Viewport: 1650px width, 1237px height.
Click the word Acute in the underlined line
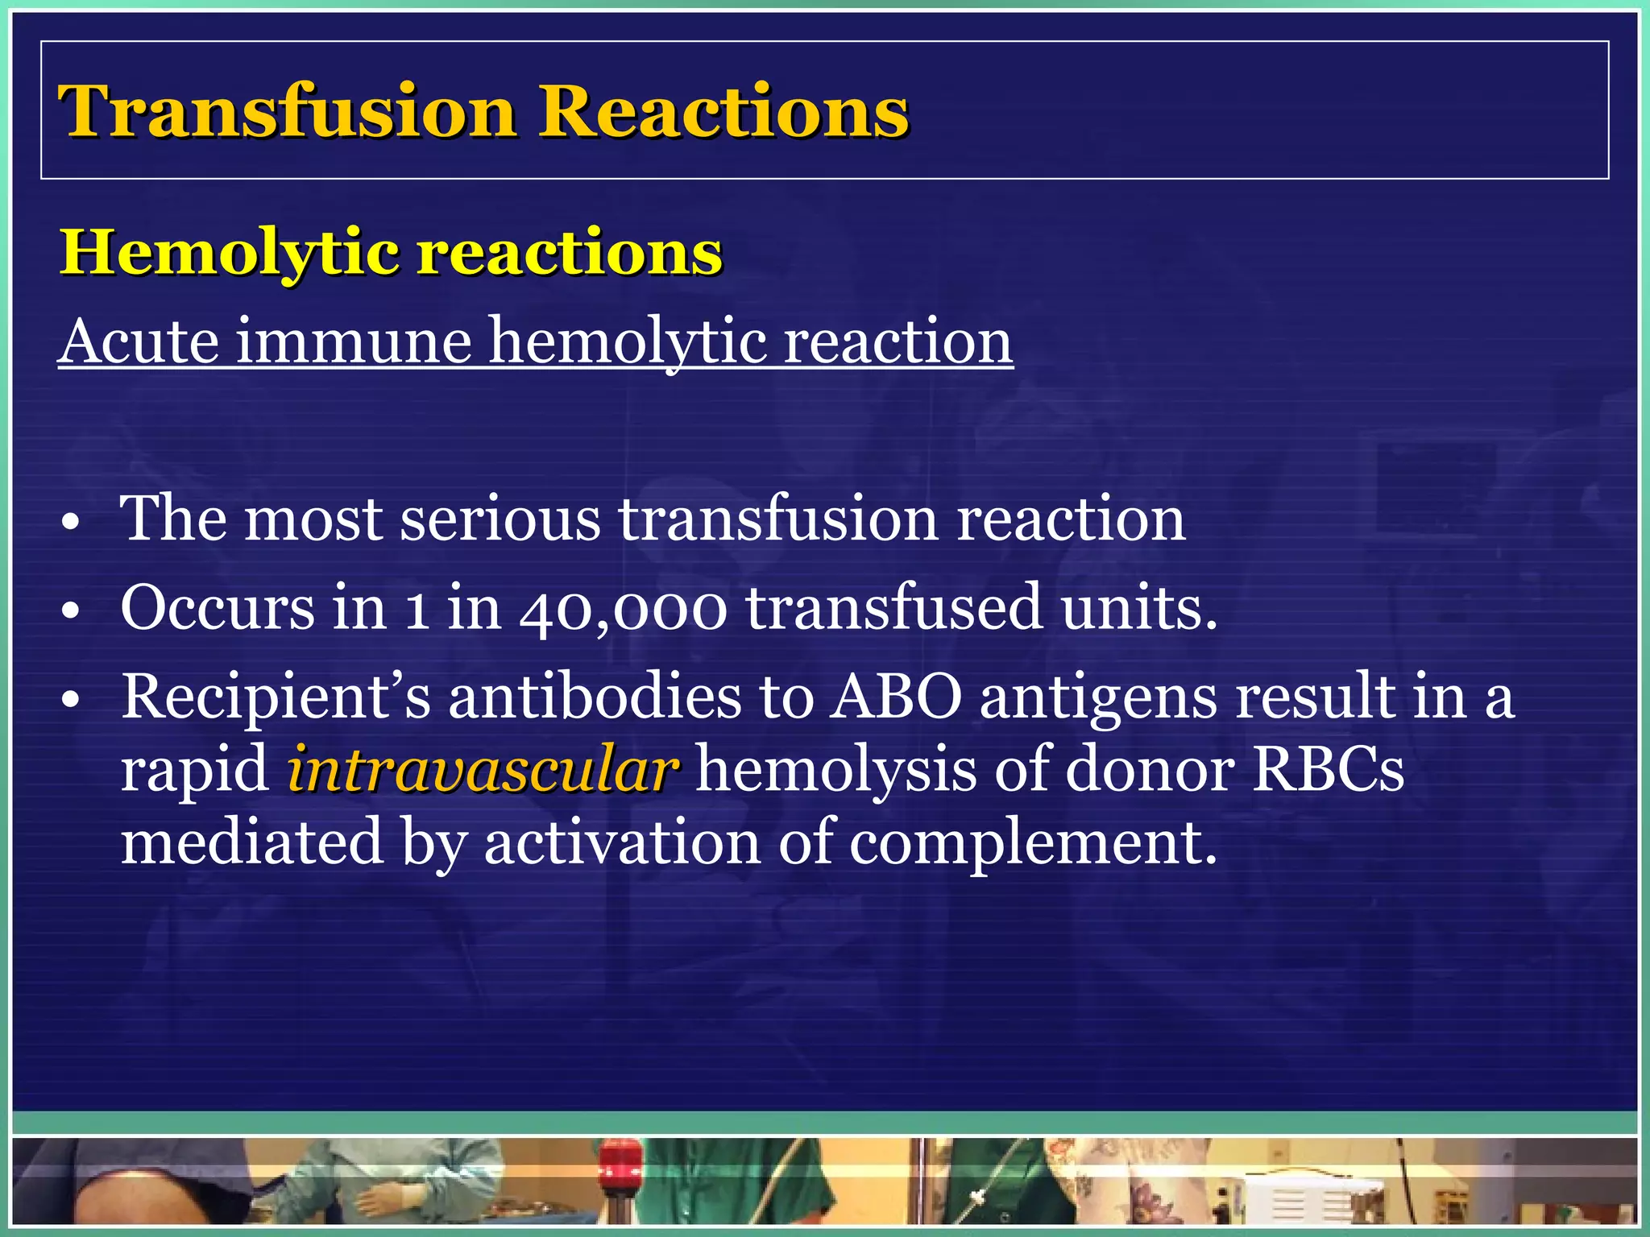click(139, 341)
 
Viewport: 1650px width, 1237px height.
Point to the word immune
click(354, 341)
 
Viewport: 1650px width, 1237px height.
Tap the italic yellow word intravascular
click(483, 770)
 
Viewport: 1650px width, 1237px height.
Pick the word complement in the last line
click(1032, 842)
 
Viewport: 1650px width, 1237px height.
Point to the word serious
click(500, 519)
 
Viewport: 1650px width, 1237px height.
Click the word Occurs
click(218, 609)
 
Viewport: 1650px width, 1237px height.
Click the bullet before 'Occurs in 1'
click(71, 611)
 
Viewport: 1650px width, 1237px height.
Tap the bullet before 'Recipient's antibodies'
click(71, 700)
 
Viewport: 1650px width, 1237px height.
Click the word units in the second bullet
click(1137, 609)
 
